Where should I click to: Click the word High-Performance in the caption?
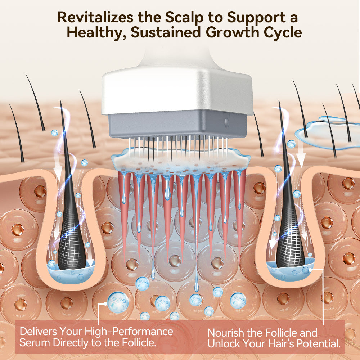coord(129,332)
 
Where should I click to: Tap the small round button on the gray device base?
coord(226,122)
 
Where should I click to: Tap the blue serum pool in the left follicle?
coord(71,274)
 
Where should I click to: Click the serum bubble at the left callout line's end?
coord(118,302)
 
